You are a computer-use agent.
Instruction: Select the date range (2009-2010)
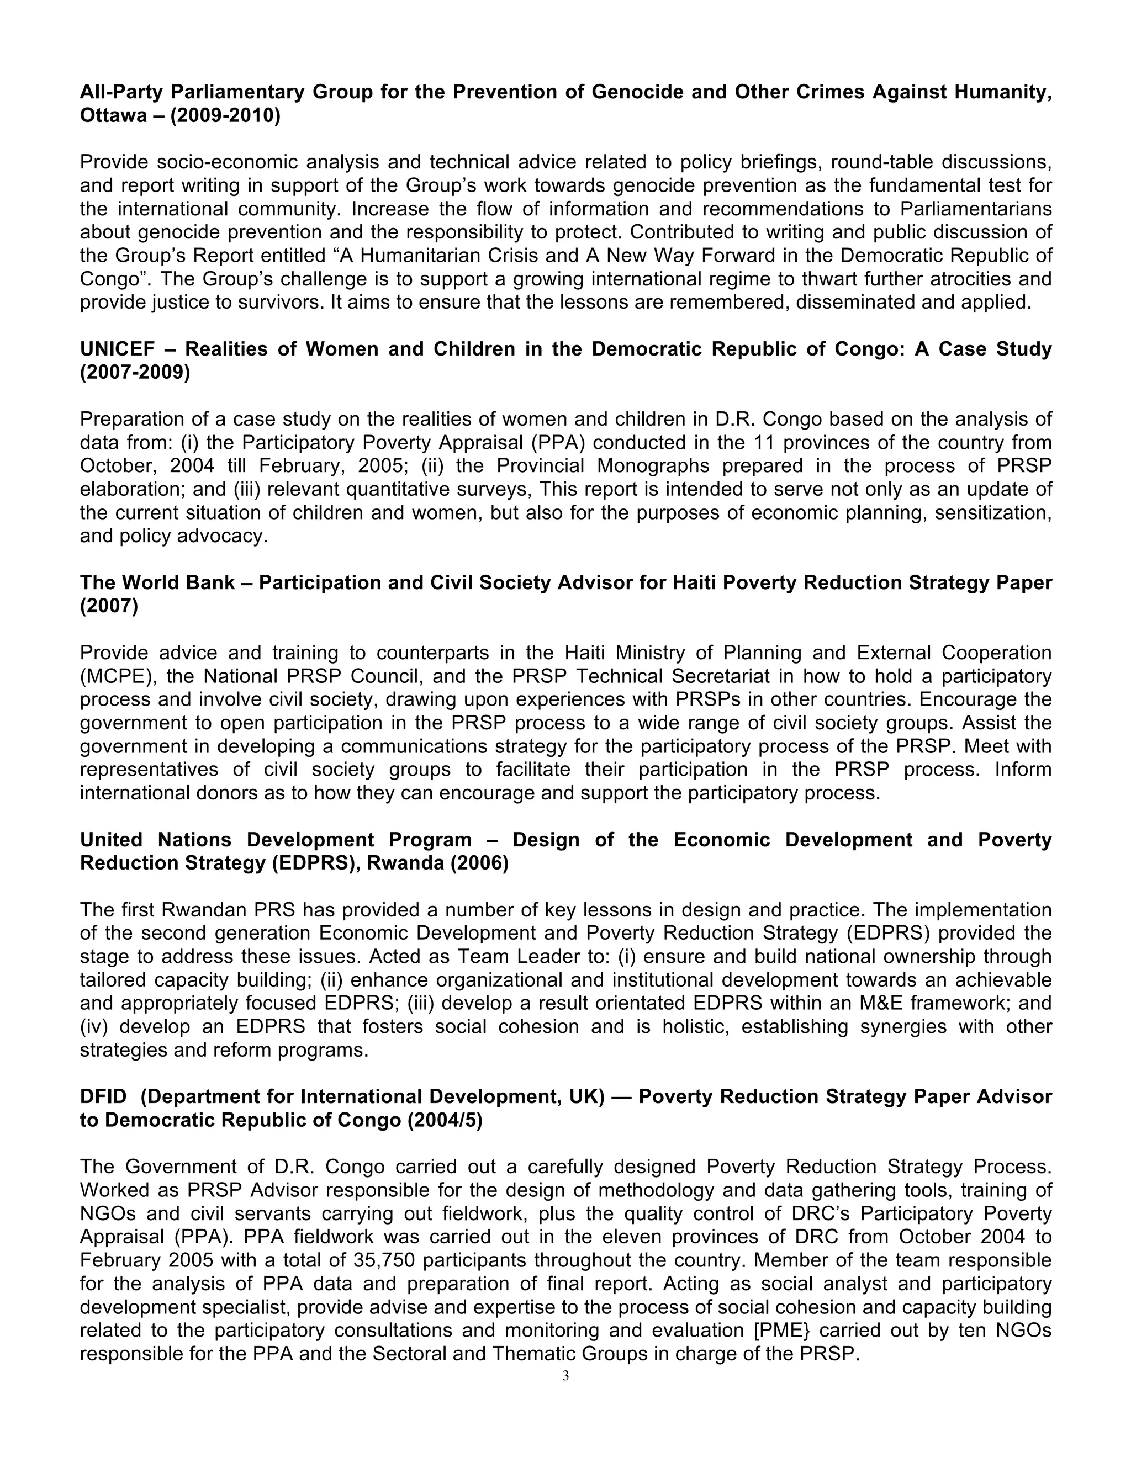click(225, 116)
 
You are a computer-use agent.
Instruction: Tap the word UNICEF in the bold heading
click(117, 349)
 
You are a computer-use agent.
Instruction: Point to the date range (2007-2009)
click(135, 373)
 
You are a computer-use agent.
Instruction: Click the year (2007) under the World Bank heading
click(109, 606)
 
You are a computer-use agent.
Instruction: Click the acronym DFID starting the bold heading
click(103, 1096)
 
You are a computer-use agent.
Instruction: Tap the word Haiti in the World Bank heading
click(695, 583)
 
